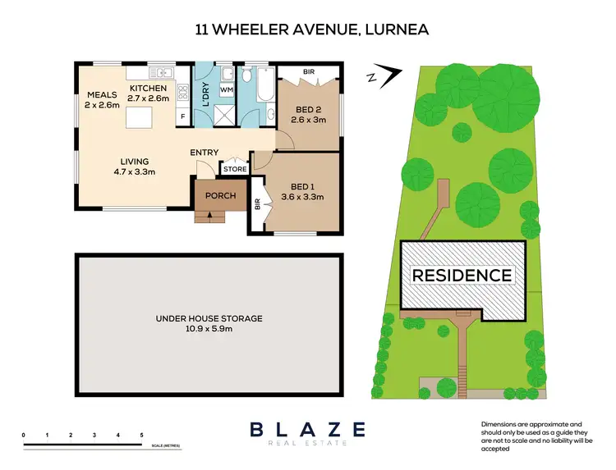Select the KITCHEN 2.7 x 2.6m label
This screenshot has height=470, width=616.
148,93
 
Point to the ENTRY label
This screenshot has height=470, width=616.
204,153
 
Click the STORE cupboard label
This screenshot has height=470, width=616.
235,169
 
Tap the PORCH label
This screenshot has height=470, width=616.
220,195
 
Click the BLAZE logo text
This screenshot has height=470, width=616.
307,428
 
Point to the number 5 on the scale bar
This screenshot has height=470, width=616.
142,434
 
